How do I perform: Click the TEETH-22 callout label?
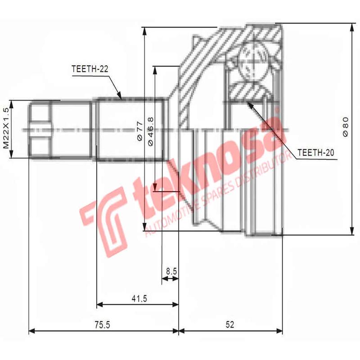coord(90,69)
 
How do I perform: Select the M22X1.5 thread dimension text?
coord(6,128)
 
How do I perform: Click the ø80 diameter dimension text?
coord(345,127)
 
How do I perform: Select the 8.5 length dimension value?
coord(171,271)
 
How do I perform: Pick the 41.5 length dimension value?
coord(137,298)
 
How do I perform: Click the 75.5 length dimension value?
coord(102,324)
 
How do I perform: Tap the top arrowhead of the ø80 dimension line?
coord(351,26)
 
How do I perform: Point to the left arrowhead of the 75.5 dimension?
coord(31,332)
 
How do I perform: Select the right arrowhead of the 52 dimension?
coord(280,332)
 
